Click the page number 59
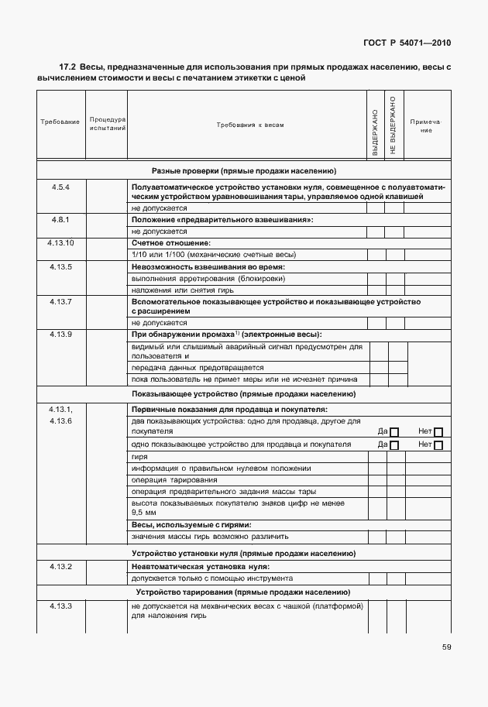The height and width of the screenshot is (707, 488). pyautogui.click(x=447, y=647)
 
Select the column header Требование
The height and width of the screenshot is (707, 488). pyautogui.click(x=60, y=124)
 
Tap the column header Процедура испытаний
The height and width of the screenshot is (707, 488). pyautogui.click(x=107, y=124)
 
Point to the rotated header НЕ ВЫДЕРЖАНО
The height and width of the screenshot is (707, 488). pyautogui.click(x=393, y=125)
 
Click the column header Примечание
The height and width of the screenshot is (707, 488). pyautogui.click(x=425, y=125)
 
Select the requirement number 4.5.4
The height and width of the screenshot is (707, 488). pyautogui.click(x=60, y=188)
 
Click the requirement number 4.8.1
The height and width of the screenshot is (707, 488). pyautogui.click(x=60, y=221)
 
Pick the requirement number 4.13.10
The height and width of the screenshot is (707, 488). pyautogui.click(x=60, y=243)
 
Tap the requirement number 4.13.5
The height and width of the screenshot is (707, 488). pyautogui.click(x=60, y=266)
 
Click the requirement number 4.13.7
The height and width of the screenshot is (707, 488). pyautogui.click(x=60, y=300)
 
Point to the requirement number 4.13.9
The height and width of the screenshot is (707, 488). pyautogui.click(x=60, y=334)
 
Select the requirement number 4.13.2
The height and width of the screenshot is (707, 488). pyautogui.click(x=60, y=567)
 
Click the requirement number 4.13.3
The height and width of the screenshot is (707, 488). pyautogui.click(x=60, y=606)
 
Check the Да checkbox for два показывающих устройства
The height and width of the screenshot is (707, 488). pyautogui.click(x=393, y=432)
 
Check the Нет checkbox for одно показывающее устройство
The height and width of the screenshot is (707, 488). pyautogui.click(x=438, y=445)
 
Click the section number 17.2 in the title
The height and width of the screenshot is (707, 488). pyautogui.click(x=68, y=68)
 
